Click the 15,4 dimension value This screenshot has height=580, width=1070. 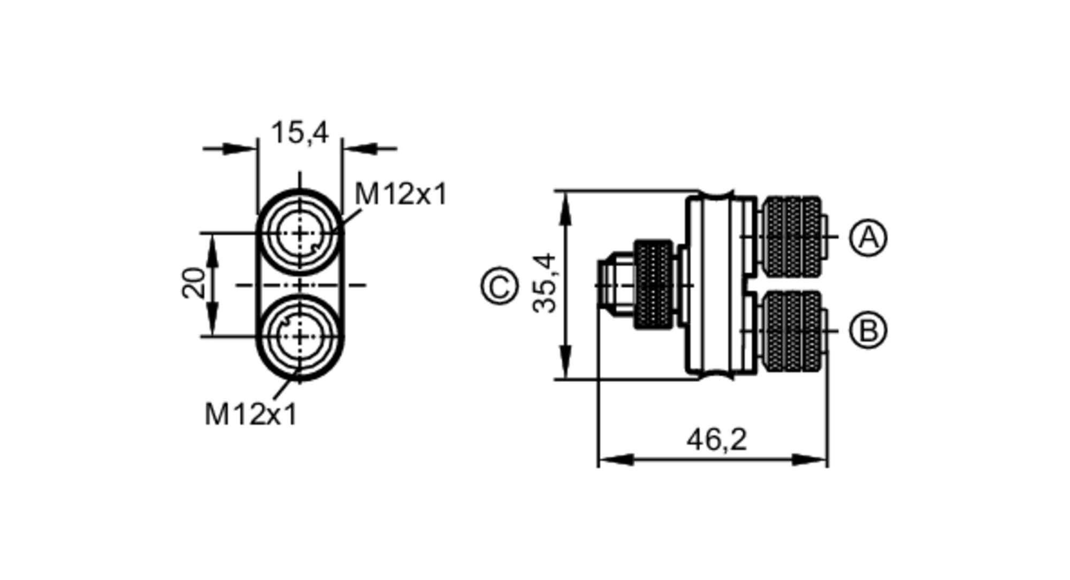pyautogui.click(x=300, y=133)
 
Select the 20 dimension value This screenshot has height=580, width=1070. pyautogui.click(x=194, y=283)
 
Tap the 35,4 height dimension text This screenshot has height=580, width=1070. pyautogui.click(x=545, y=284)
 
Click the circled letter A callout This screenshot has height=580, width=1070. pyautogui.click(x=868, y=237)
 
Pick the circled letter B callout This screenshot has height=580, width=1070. pyautogui.click(x=868, y=330)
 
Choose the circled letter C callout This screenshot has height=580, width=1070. pyautogui.click(x=500, y=286)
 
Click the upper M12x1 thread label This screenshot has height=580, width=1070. pyautogui.click(x=400, y=194)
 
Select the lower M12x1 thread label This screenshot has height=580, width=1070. pyautogui.click(x=250, y=414)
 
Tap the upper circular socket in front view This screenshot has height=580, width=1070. pyautogui.click(x=300, y=234)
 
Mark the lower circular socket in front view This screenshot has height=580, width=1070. pyautogui.click(x=300, y=337)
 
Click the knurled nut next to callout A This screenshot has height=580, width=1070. pyautogui.click(x=792, y=236)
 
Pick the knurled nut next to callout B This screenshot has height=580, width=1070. pyautogui.click(x=792, y=331)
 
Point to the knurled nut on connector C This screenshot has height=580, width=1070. pyautogui.click(x=653, y=285)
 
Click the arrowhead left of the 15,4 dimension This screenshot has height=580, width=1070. pyautogui.click(x=239, y=149)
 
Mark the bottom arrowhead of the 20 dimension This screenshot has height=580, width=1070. pyautogui.click(x=213, y=321)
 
